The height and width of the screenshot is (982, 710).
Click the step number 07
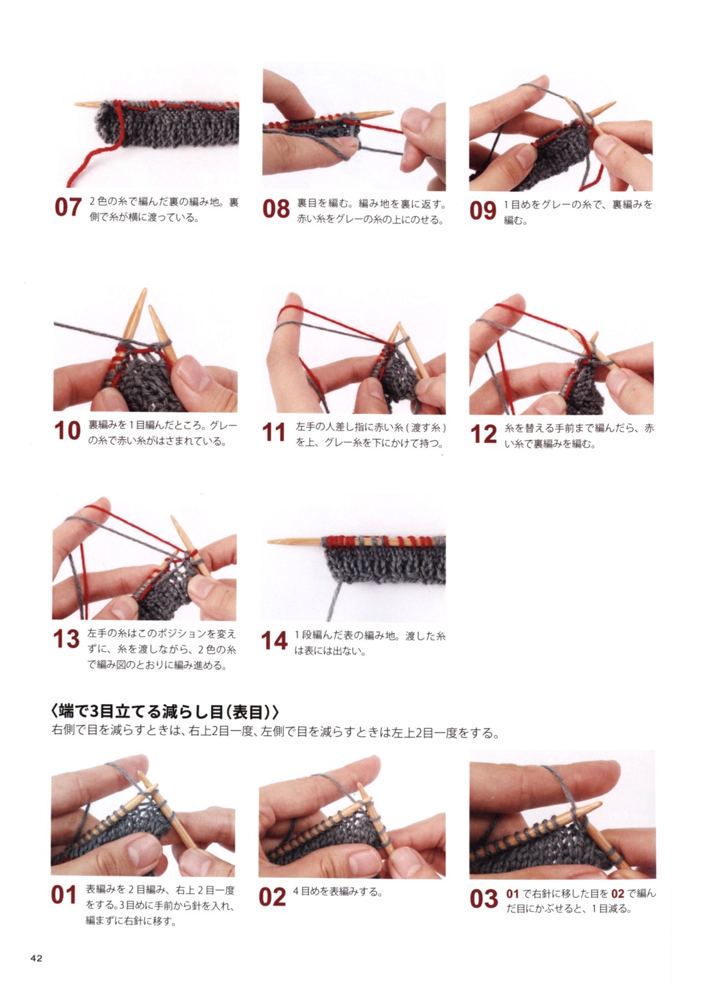[x=68, y=207]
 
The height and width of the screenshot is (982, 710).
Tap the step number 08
[x=276, y=209]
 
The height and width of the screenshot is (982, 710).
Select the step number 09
[x=483, y=211]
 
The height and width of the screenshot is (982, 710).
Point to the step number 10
[x=67, y=431]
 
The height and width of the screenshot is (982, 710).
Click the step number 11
[x=274, y=432]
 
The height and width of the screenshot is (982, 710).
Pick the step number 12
[x=484, y=434]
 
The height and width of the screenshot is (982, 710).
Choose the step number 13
[x=67, y=639]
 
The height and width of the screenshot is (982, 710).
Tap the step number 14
[x=275, y=641]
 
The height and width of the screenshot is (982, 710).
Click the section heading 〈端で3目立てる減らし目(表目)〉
[x=165, y=712]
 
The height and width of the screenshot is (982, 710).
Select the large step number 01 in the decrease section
[x=64, y=895]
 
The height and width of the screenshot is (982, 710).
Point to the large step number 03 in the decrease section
[x=484, y=899]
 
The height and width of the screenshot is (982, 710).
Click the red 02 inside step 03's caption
[x=618, y=894]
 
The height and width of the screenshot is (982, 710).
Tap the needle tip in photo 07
[x=75, y=105]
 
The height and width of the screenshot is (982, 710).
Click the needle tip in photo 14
[x=269, y=542]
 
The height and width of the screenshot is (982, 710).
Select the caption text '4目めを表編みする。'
[x=337, y=892]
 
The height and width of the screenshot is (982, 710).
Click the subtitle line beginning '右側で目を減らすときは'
[x=275, y=732]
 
